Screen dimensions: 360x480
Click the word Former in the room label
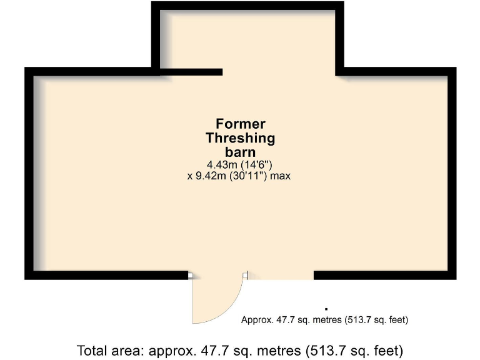[241, 124]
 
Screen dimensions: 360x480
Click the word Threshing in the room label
[241, 138]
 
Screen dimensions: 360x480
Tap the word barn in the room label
[241, 152]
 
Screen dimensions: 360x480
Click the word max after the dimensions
[279, 176]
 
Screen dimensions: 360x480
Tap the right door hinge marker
[246, 275]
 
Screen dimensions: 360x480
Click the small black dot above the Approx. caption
[326, 308]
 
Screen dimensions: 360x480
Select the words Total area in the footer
[111, 349]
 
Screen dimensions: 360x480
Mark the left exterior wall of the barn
[28, 175]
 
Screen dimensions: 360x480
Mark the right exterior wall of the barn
[452, 175]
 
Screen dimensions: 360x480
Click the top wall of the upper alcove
[247, 5]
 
